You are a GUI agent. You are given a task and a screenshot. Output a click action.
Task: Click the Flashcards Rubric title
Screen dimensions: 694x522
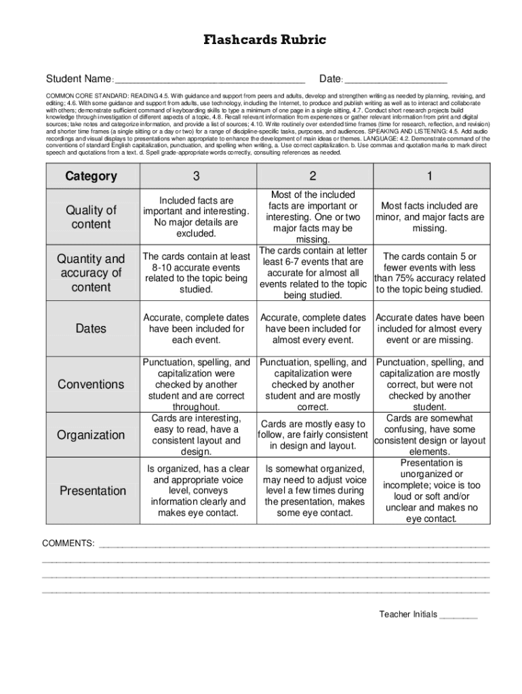point(265,41)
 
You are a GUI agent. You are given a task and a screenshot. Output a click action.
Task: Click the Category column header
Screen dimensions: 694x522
point(91,176)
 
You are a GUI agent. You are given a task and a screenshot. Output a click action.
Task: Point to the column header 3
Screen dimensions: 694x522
point(196,176)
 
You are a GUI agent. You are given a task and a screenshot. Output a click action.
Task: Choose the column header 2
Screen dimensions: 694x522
point(313,176)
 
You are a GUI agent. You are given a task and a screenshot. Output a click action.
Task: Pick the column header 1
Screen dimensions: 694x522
point(429,176)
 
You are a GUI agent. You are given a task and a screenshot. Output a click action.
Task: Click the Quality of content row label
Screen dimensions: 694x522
point(91,217)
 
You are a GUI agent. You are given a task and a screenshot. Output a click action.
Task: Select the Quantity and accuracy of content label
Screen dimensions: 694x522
point(91,273)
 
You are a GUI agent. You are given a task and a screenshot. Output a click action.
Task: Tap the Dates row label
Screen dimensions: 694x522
point(91,329)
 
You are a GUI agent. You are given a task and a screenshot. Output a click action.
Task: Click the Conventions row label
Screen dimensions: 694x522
point(91,384)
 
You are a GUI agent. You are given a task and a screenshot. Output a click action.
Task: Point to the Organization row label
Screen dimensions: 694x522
point(91,434)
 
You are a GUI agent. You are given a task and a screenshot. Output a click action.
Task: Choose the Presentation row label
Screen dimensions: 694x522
point(91,490)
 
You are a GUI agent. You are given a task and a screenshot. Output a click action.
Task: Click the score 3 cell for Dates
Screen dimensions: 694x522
point(196,329)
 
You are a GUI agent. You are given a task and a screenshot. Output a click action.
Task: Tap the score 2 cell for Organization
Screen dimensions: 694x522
point(313,435)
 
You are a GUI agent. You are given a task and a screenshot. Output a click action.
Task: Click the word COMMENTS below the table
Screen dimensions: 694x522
point(68,544)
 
